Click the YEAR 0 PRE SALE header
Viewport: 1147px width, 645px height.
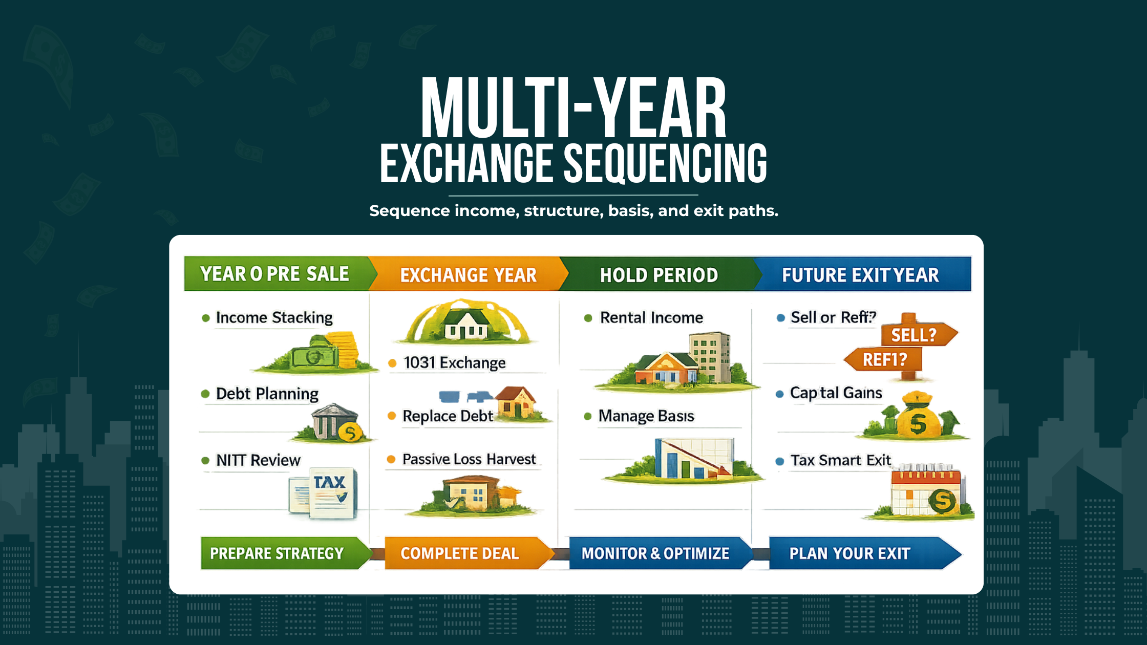tap(275, 274)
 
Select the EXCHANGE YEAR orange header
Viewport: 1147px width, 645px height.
tap(468, 275)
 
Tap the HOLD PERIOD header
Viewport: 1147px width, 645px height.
tap(659, 275)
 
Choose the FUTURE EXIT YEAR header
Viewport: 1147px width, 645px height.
tap(860, 275)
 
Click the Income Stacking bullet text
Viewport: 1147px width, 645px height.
tap(274, 317)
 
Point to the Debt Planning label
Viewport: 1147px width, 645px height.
tap(267, 394)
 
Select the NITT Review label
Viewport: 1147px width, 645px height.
tap(258, 460)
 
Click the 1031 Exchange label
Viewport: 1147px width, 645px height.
tap(454, 363)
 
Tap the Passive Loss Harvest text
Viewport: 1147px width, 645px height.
tap(469, 459)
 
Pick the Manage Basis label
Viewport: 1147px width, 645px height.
tap(646, 416)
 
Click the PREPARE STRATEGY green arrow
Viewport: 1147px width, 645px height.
tap(279, 553)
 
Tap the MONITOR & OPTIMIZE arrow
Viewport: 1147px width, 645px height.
tap(655, 553)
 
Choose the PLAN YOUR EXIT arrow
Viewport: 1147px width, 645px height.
tap(855, 553)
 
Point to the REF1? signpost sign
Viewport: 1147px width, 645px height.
tap(884, 360)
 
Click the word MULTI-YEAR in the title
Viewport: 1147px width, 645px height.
tap(573, 108)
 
